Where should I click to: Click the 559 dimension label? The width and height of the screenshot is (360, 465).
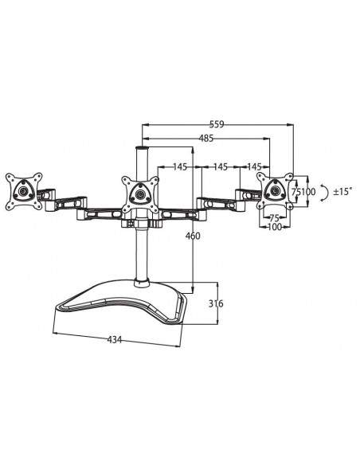tap(216, 123)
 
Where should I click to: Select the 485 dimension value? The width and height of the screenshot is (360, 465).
tap(205, 138)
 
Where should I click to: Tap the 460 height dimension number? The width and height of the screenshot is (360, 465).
tap(193, 236)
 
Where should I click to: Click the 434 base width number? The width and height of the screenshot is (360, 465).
tap(114, 340)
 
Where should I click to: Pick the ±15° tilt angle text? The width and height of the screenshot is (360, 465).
tap(344, 192)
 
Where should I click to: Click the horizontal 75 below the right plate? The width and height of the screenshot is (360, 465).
tap(273, 217)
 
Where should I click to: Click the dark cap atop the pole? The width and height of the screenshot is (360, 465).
tap(143, 147)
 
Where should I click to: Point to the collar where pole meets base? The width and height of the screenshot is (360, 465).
tap(143, 280)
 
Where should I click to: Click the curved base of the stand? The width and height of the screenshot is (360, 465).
tap(127, 303)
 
